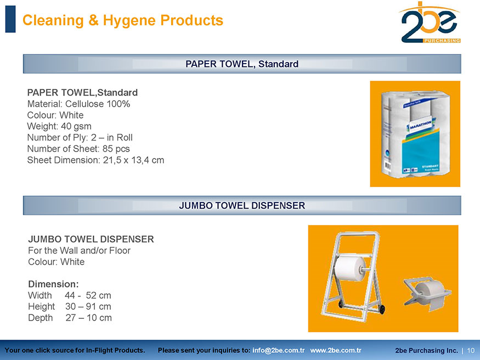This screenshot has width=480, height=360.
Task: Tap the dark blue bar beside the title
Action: pyautogui.click(x=10, y=19)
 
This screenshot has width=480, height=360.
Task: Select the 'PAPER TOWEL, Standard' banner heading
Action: pyautogui.click(x=242, y=64)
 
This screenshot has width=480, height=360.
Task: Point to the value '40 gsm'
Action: pyautogui.click(x=76, y=126)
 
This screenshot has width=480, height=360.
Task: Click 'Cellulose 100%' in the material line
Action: pyautogui.click(x=98, y=104)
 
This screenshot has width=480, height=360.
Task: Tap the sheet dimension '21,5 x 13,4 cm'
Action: pyautogui.click(x=133, y=160)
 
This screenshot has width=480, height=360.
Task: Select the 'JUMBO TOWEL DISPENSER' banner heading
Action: pyautogui.click(x=242, y=205)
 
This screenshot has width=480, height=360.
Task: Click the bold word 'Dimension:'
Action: pyautogui.click(x=53, y=284)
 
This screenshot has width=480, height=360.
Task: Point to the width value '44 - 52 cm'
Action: pyautogui.click(x=88, y=295)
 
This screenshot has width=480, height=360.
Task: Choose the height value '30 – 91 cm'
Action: pyautogui.click(x=88, y=306)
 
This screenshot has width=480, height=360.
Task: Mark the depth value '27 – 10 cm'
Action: pyautogui.click(x=88, y=318)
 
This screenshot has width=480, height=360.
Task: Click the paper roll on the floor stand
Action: pyautogui.click(x=351, y=268)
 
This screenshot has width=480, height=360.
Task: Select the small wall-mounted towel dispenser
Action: pyautogui.click(x=428, y=294)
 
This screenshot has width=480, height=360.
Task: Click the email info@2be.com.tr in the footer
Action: pyautogui.click(x=278, y=350)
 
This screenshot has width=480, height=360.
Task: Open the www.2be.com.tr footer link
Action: pyautogui.click(x=336, y=350)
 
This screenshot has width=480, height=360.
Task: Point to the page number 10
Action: pyautogui.click(x=471, y=351)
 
